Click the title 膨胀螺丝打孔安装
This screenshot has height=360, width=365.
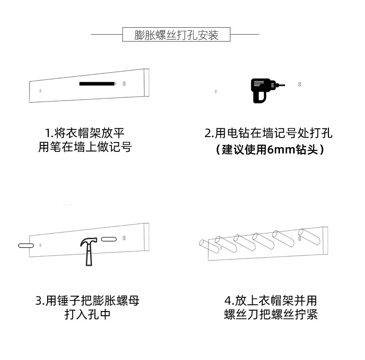176,35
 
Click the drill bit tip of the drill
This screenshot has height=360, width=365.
284,85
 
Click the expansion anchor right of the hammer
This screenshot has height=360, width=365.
109,239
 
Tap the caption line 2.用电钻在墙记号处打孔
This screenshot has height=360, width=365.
268,134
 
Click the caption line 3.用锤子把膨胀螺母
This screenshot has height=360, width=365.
87,301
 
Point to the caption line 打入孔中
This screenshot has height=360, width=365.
87,315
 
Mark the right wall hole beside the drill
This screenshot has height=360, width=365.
300,85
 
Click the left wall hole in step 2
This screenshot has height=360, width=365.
216,91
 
